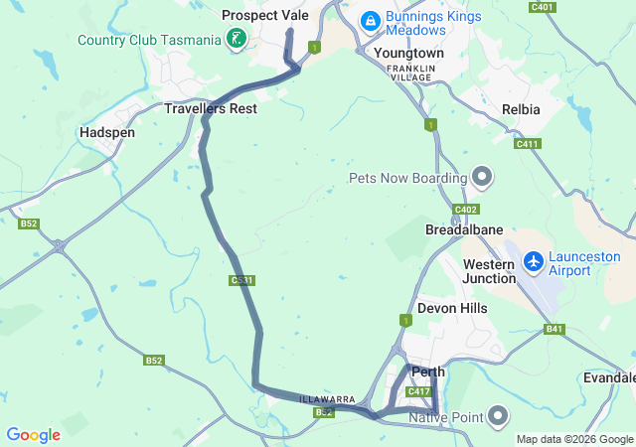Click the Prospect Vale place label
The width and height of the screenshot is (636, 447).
[x=265, y=15]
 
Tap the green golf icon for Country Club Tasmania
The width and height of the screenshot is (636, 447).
[x=237, y=40]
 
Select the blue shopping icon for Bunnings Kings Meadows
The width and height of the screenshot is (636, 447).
[x=370, y=20]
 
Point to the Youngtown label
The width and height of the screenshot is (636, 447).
[x=409, y=52]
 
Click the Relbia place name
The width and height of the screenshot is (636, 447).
[x=522, y=109]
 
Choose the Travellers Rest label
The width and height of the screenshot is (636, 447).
[x=211, y=107]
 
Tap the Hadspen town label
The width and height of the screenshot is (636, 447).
[x=106, y=131]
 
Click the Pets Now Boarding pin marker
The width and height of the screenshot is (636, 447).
[x=482, y=178]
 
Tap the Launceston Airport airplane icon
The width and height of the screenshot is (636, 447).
[x=535, y=260]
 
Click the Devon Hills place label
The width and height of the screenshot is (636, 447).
[x=452, y=309]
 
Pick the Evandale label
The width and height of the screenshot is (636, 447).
[x=610, y=377]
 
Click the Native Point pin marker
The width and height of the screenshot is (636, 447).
[x=498, y=414]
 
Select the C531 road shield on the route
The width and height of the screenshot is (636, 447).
[x=241, y=281]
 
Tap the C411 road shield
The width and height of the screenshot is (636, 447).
[x=528, y=144]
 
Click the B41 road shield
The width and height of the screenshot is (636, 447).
[x=554, y=329]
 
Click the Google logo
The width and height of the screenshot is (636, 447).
[x=34, y=434]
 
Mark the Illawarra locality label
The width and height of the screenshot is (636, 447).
[x=328, y=399]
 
